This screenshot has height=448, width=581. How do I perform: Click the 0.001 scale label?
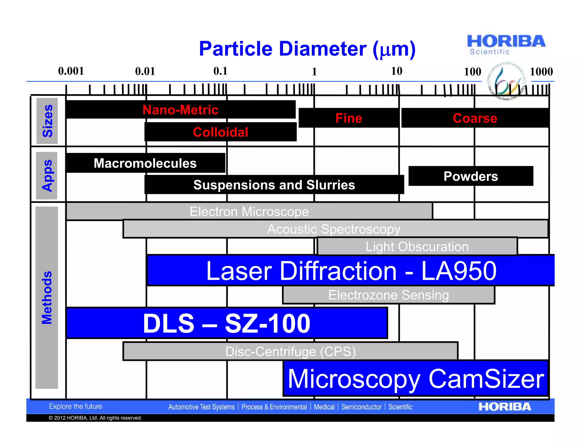71,71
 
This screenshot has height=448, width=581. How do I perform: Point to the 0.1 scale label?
220,71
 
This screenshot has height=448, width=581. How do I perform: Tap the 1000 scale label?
541,72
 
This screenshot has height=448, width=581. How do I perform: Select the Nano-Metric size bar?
180,110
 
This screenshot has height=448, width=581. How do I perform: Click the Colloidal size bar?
220,132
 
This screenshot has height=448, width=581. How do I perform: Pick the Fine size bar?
349,118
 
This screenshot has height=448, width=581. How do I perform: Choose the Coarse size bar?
475,118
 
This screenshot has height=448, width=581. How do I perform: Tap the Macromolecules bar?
145,163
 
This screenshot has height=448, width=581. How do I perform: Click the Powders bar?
471,176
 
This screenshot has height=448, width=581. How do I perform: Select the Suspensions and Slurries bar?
274,185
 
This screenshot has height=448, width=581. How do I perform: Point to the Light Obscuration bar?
417,247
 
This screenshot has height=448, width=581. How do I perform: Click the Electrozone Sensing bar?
388,295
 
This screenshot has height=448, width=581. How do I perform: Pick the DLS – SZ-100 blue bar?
227,323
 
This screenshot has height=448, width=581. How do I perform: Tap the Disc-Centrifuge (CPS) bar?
290,351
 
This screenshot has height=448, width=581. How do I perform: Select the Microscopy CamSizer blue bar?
416,378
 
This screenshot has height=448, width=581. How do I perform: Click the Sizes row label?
47,121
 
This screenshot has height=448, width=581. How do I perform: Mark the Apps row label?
47,176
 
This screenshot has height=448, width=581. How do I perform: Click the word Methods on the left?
47,297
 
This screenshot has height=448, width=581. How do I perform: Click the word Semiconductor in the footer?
361,407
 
